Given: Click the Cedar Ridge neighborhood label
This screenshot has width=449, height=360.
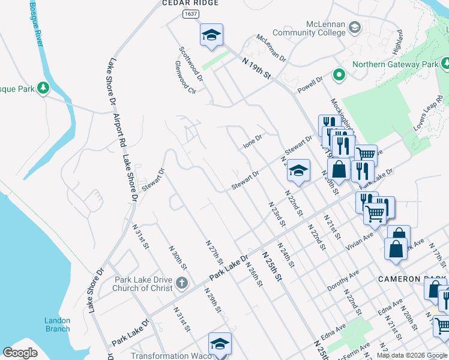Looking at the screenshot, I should pos(190,3).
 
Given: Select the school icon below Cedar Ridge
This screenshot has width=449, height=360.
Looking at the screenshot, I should pos(211,35).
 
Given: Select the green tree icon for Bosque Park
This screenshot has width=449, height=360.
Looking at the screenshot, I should pos(43,89).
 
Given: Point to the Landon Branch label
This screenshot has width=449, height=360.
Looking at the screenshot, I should pos(57,325).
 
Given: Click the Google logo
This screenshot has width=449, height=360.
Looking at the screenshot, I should pos(20,353).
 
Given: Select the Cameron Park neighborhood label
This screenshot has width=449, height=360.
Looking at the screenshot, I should pos(412,280).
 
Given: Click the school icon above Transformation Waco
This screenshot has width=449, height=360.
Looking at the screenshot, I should pos(220,344).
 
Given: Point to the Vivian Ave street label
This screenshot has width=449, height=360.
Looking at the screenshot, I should pos(360,241).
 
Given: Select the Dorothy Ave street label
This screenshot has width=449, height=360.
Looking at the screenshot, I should pos(343,280).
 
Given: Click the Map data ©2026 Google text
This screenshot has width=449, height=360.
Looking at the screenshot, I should pos(412,355).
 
